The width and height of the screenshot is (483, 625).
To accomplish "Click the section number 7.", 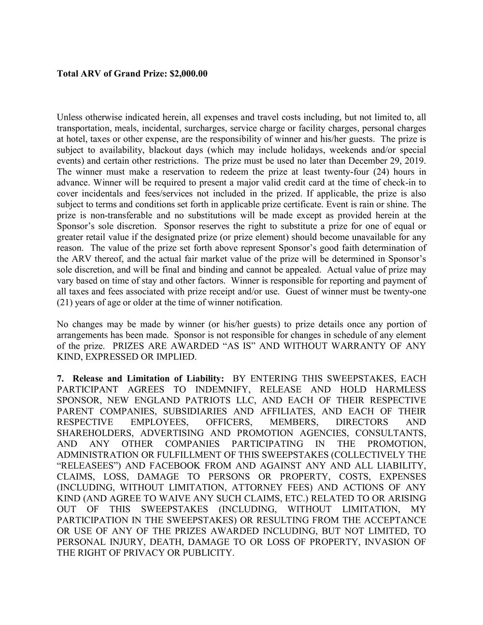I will point(60,379).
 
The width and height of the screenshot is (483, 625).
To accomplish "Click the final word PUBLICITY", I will point(209,553).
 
